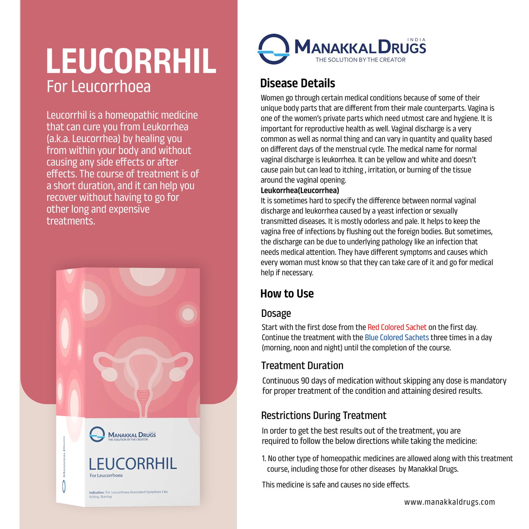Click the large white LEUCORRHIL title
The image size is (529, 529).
[131, 61]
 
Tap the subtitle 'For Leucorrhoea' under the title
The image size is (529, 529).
[99, 87]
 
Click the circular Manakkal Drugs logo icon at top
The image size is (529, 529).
[273, 49]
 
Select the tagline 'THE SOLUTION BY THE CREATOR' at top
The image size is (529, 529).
[360, 60]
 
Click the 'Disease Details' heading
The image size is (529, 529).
[298, 83]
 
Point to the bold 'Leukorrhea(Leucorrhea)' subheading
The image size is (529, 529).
[300, 190]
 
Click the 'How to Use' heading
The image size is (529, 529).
[287, 294]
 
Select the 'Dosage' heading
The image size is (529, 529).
[276, 313]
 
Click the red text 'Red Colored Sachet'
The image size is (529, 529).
[397, 327]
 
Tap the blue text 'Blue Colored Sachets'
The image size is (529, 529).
[397, 338]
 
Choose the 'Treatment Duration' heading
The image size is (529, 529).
[302, 366]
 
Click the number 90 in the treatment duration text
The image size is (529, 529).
[305, 381]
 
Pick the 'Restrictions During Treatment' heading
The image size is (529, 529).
[324, 416]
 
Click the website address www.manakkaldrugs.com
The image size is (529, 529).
[449, 502]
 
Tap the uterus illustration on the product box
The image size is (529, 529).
[143, 374]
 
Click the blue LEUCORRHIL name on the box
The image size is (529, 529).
[133, 464]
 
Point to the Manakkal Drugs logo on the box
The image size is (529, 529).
[122, 434]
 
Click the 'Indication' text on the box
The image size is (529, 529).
[96, 492]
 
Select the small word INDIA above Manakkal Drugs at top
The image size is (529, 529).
[416, 40]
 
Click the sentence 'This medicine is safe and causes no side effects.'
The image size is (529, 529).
[336, 485]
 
